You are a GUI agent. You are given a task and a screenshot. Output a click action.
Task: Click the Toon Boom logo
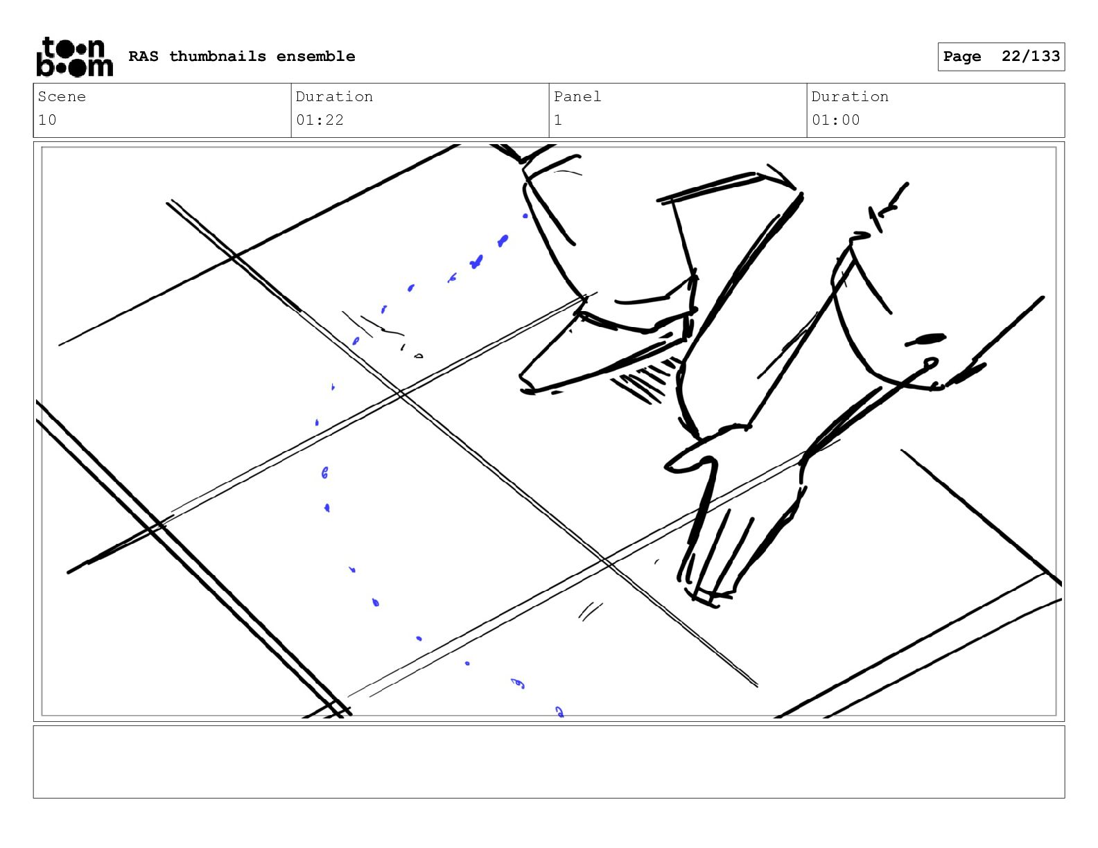tap(75, 57)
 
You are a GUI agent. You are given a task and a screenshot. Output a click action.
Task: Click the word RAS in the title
tap(143, 56)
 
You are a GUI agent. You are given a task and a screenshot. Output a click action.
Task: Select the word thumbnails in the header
tap(217, 56)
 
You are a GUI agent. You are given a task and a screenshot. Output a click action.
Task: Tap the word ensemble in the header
tap(316, 56)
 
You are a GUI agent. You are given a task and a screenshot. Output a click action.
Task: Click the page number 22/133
tap(1031, 56)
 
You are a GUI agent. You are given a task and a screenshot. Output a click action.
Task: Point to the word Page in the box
tap(962, 57)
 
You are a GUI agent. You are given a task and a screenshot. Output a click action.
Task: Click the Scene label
tap(62, 96)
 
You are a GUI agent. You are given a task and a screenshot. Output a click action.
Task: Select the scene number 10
tap(47, 121)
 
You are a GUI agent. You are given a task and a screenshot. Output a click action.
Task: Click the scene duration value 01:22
tap(320, 121)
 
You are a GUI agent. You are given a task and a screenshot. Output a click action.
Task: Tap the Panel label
tap(577, 96)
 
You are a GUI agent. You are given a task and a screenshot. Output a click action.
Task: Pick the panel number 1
tap(558, 121)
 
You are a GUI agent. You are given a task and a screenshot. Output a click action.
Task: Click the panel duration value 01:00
tap(836, 121)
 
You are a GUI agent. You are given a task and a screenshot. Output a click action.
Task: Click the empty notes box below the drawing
tap(549, 762)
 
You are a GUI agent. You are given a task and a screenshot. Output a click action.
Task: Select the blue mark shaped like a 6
tap(325, 472)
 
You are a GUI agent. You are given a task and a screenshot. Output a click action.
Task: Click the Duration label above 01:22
tap(335, 96)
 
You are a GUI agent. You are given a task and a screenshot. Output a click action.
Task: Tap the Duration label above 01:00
tap(850, 96)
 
